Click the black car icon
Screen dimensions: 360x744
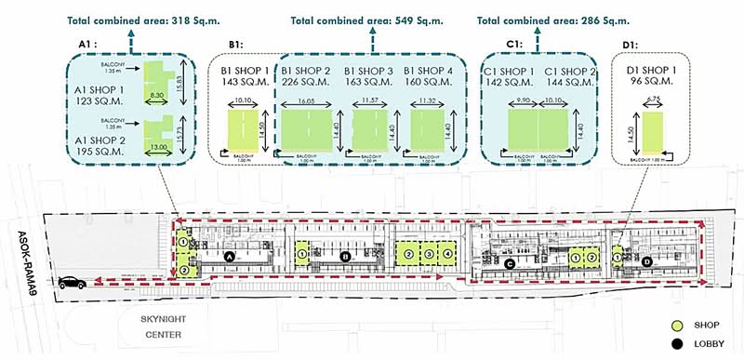point(69,283)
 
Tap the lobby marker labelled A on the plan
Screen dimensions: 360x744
point(230,256)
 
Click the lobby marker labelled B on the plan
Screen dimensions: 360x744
point(345,256)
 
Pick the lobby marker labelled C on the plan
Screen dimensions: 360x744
point(509,263)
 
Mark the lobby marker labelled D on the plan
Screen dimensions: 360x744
point(647,261)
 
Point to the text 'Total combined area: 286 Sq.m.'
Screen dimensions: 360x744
point(551,18)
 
